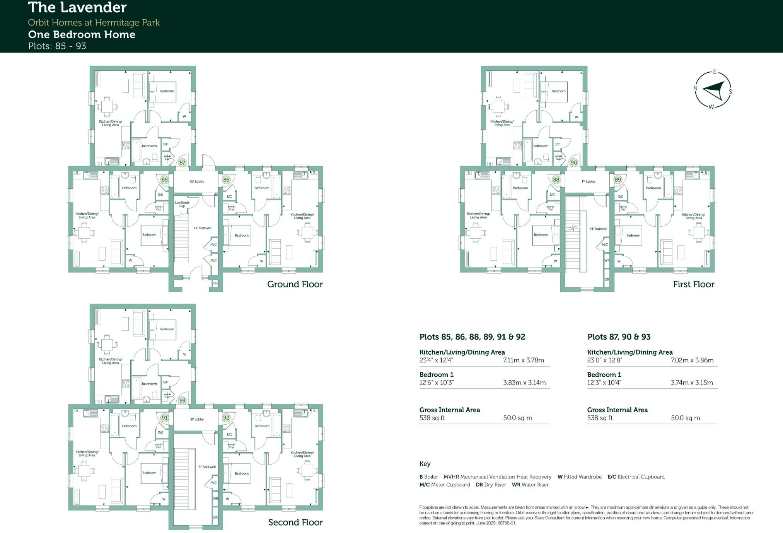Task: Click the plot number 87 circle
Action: [182, 163]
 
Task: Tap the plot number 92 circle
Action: [226, 418]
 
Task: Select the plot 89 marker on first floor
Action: [618, 180]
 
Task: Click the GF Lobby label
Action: [197, 181]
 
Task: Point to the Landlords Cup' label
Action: [182, 204]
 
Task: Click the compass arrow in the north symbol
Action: [713, 90]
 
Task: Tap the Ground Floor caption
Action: [295, 284]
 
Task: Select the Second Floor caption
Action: [295, 522]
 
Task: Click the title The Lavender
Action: [77, 7]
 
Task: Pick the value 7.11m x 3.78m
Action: [523, 360]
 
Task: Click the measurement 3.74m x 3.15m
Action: [691, 383]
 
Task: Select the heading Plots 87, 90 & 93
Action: [619, 337]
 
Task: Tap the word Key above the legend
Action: [425, 464]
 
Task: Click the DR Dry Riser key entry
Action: [490, 485]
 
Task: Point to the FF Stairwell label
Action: [598, 229]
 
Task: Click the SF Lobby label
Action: [197, 419]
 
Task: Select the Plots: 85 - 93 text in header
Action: [57, 46]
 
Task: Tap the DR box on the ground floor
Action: [215, 284]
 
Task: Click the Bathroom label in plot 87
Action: [149, 146]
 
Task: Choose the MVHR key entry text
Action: [497, 477]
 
